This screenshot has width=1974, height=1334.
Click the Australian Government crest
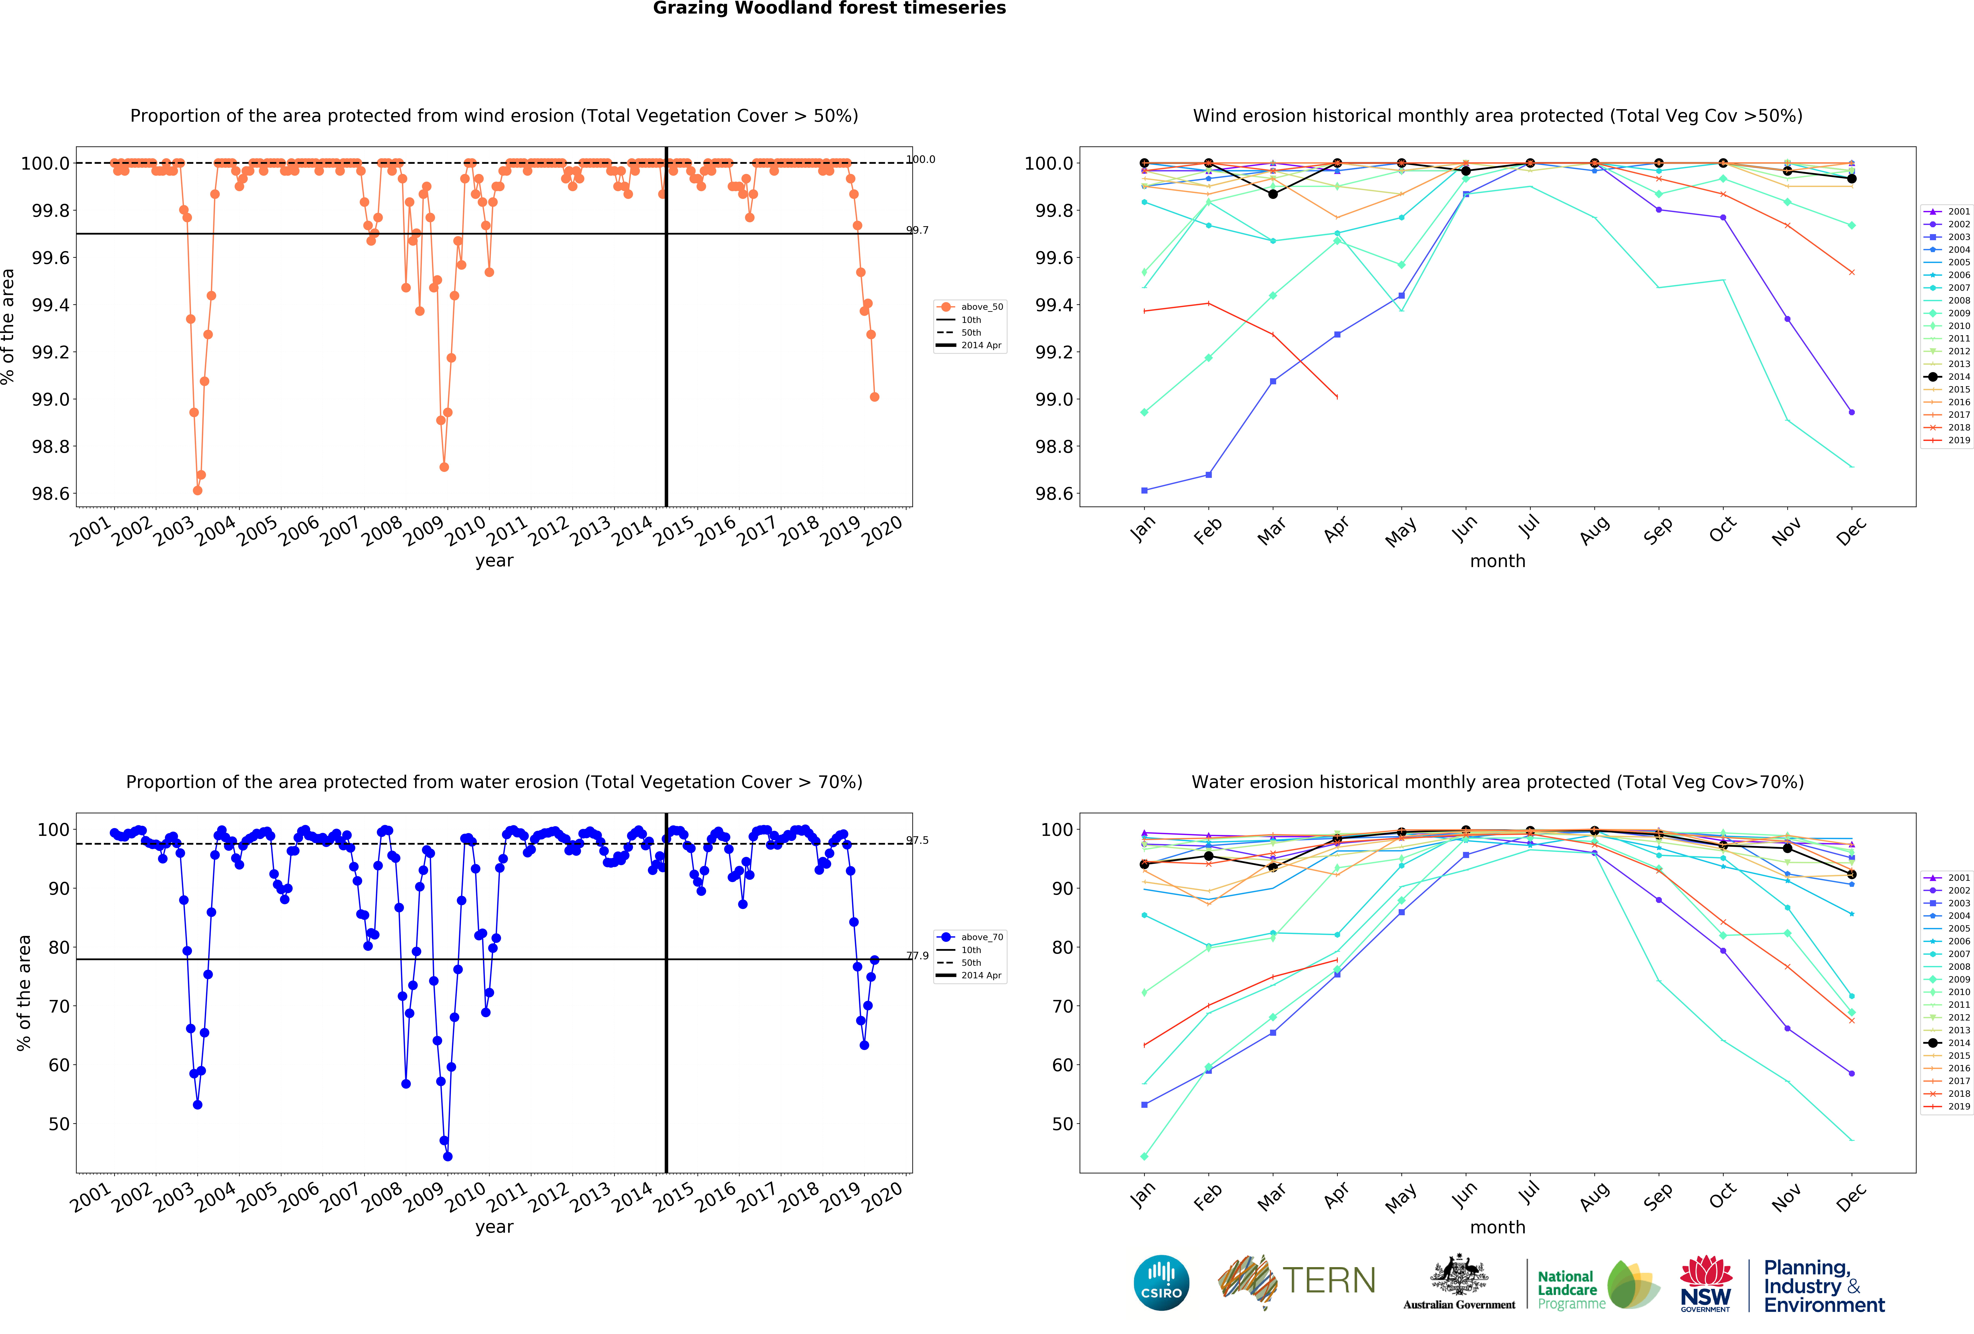1458,1274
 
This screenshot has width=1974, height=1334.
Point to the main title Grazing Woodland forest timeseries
829,9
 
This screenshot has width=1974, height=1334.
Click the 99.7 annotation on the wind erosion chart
917,230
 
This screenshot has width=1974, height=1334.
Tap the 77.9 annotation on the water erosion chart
917,956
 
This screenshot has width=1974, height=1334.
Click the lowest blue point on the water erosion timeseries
448,1156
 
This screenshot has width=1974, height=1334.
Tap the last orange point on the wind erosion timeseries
874,397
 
